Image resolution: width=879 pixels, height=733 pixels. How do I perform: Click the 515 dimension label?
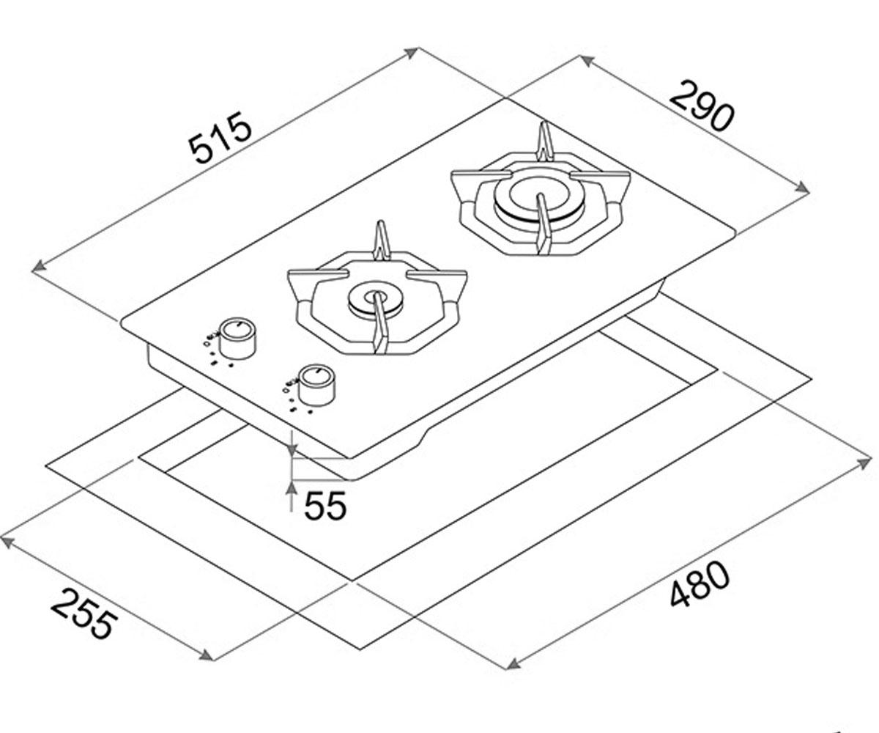[x=220, y=137]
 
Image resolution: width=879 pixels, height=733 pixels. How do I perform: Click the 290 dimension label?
[x=701, y=111]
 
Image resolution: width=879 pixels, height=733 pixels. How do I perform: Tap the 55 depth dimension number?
[x=325, y=506]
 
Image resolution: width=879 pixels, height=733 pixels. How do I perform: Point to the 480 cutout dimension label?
[x=700, y=584]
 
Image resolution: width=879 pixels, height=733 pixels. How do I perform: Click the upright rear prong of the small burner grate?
[x=381, y=240]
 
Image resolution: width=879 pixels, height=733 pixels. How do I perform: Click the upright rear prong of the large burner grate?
[x=545, y=141]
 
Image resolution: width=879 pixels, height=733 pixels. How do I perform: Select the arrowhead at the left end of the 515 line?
[x=39, y=267]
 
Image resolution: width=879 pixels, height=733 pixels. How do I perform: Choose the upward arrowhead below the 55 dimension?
[x=291, y=490]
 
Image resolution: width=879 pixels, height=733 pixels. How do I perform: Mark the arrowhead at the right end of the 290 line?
[x=802, y=189]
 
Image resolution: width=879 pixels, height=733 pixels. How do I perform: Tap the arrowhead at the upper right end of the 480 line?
[x=864, y=464]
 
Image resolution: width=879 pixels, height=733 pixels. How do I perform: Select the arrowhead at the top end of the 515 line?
[x=411, y=53]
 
